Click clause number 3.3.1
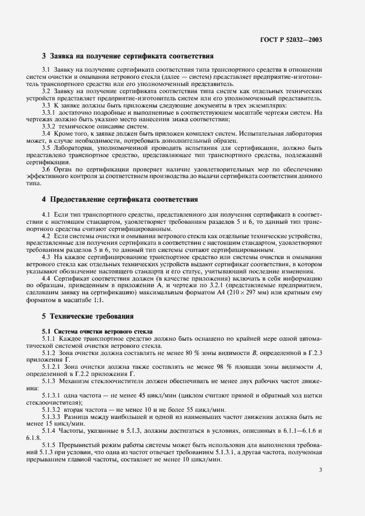click(49, 112)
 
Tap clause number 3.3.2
click(49, 126)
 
